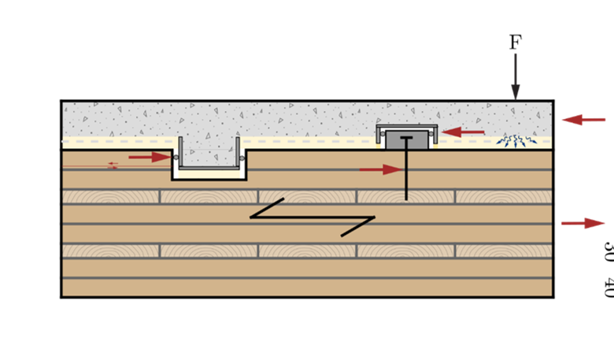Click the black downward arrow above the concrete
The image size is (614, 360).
pos(516,76)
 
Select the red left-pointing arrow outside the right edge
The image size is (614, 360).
pos(583,120)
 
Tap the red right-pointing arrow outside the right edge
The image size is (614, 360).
pos(583,224)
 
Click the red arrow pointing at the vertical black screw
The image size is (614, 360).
pos(381,169)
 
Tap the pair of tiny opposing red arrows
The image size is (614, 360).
pos(113,166)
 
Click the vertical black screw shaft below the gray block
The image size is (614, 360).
pos(406,177)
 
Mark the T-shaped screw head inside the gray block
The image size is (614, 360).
pos(406,139)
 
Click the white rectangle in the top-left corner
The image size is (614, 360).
pos(157,35)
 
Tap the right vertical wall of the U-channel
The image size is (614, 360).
pos(238,153)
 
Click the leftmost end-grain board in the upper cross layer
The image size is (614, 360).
pos(111,196)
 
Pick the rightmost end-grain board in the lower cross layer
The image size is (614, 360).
pos(504,251)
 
